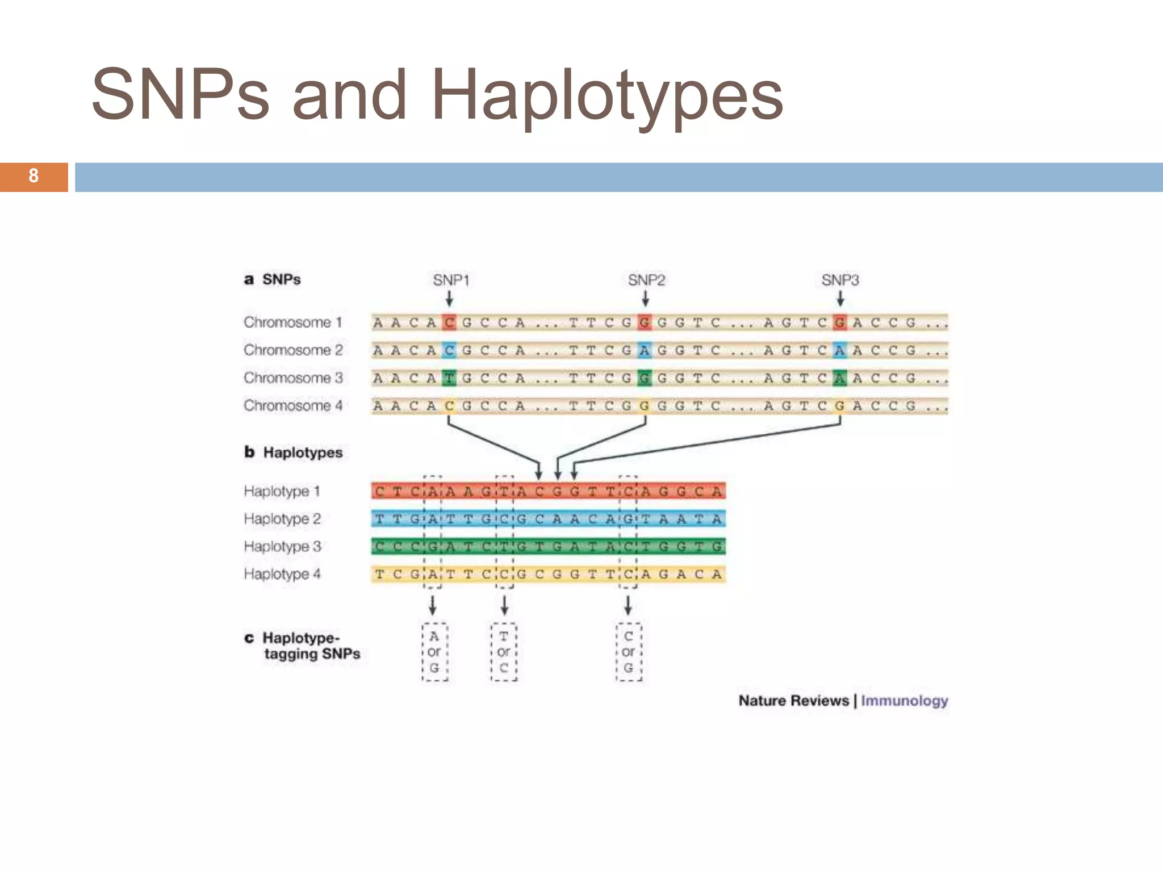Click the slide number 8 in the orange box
34,176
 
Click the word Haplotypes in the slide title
607,95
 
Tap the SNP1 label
451,280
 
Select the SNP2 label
646,280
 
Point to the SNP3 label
840,280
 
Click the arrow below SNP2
645,299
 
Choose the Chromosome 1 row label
293,322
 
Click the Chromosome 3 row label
293,378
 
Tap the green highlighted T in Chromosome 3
449,378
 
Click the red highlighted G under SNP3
840,322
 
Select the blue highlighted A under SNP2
645,350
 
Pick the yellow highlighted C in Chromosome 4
449,406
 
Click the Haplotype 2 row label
282,519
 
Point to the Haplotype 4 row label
282,574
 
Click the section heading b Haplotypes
294,452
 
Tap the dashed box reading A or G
434,652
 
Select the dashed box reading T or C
504,652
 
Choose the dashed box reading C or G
629,652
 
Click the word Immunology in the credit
904,701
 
